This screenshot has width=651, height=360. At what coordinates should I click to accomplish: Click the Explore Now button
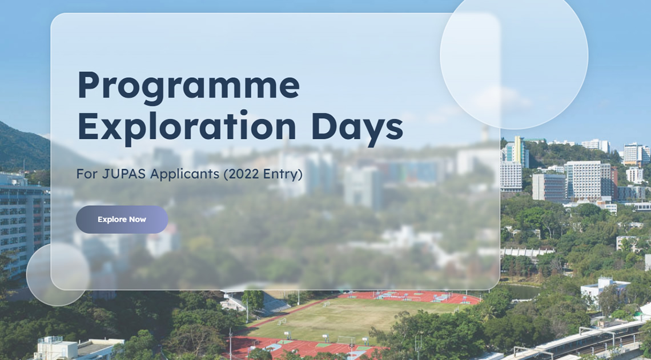122,219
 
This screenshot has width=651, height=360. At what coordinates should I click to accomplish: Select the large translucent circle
514,55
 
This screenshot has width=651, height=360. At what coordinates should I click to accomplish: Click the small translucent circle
58,274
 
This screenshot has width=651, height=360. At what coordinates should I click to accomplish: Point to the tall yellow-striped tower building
519,152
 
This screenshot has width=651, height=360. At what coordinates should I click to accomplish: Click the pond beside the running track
519,291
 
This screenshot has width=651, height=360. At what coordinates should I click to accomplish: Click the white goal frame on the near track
346,340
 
